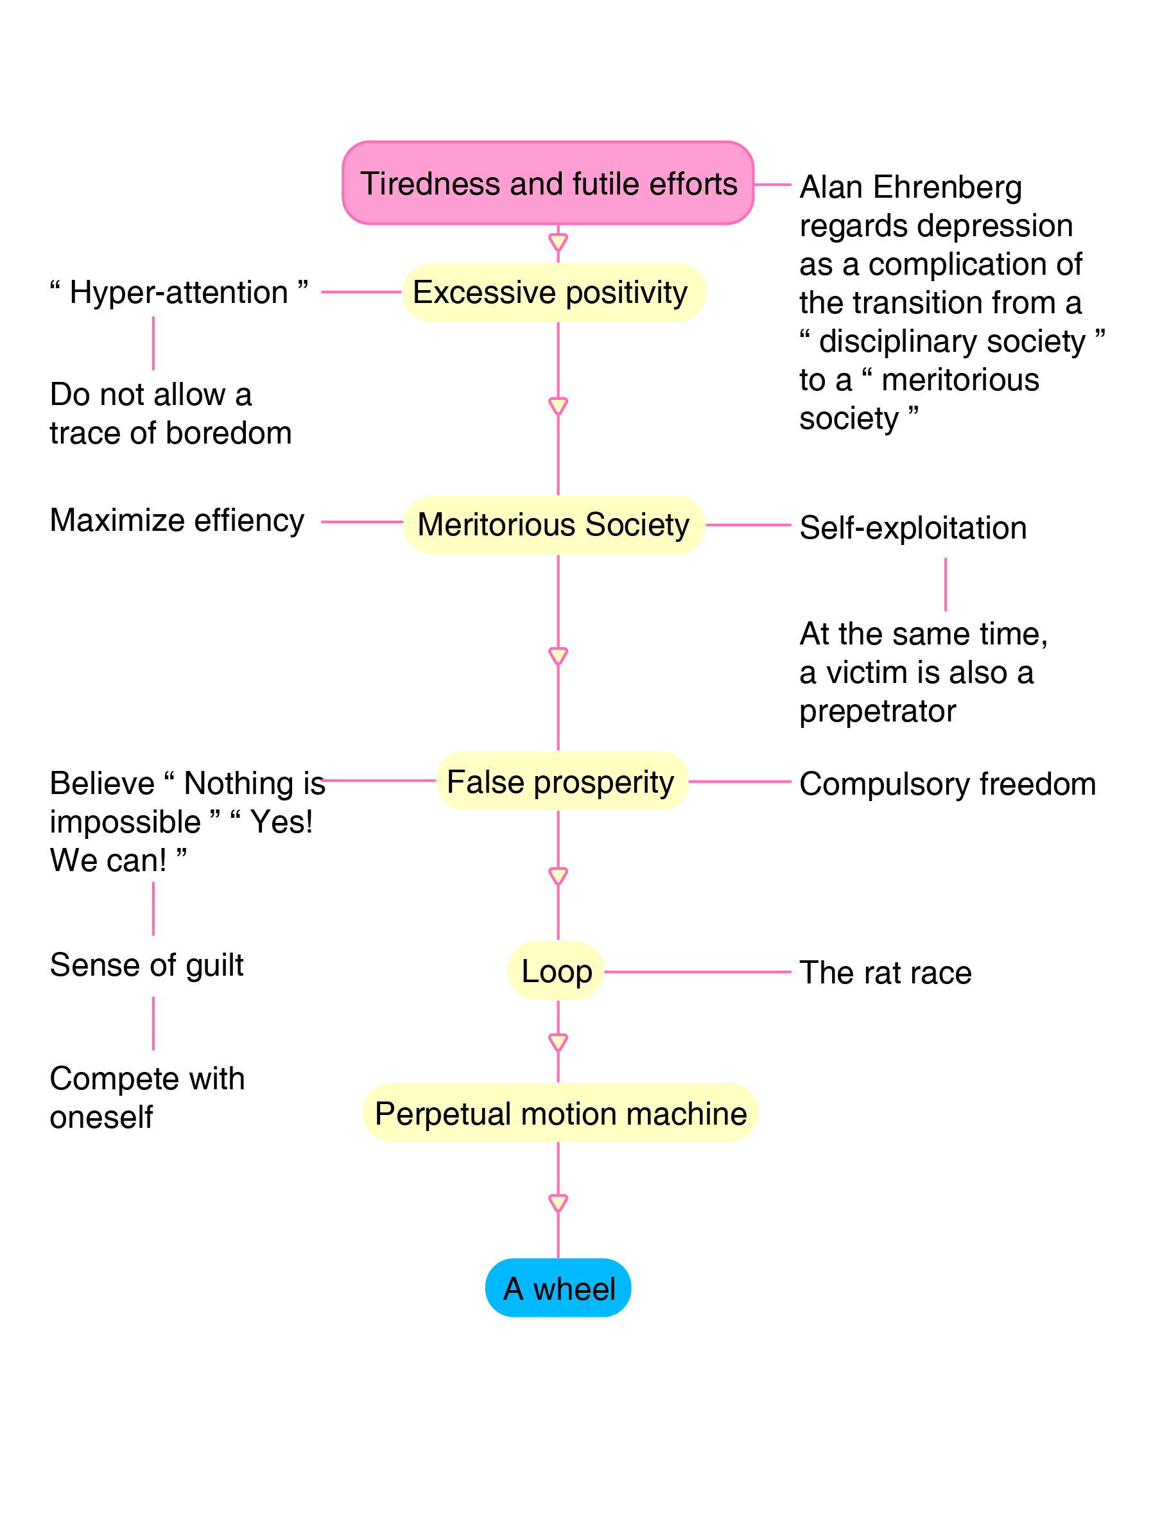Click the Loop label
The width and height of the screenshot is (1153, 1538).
click(557, 972)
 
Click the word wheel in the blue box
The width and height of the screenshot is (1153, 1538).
click(574, 1289)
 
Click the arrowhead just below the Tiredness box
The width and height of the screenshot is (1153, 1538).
click(558, 242)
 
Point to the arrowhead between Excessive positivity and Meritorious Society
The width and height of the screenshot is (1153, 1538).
click(558, 405)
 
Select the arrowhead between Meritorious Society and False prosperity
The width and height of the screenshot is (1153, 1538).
click(558, 655)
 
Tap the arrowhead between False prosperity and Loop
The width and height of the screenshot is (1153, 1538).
click(558, 876)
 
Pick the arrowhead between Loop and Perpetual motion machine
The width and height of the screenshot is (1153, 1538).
click(558, 1042)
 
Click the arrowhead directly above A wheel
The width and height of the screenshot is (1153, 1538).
click(558, 1202)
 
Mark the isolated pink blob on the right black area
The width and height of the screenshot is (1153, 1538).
click(946, 583)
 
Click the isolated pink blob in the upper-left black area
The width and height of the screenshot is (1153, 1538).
click(154, 343)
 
